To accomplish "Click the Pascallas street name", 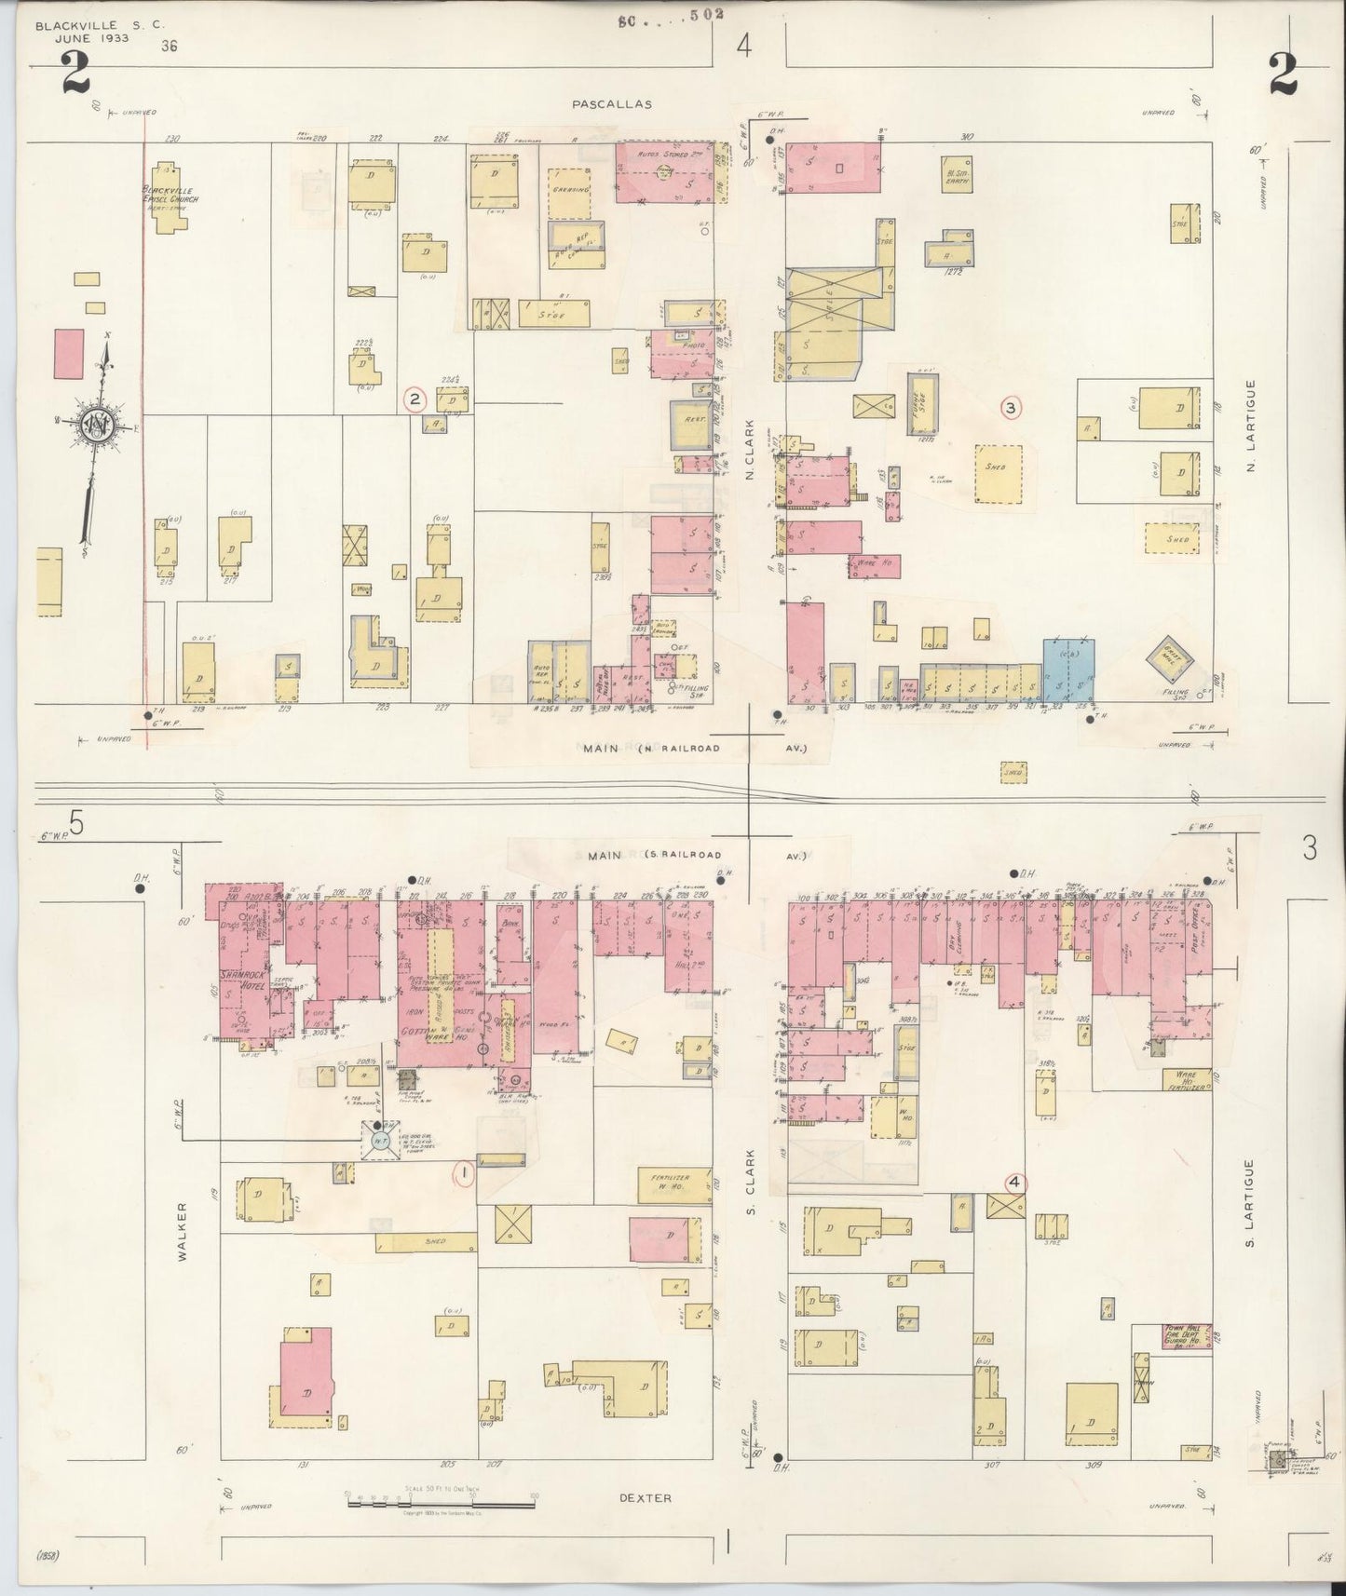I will coord(612,105).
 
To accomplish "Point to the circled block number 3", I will coord(1011,407).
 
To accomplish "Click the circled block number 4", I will coord(1015,1183).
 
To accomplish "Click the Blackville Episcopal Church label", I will coord(170,195).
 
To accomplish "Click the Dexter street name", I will coord(645,1498).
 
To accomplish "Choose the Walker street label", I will coord(183,1231).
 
